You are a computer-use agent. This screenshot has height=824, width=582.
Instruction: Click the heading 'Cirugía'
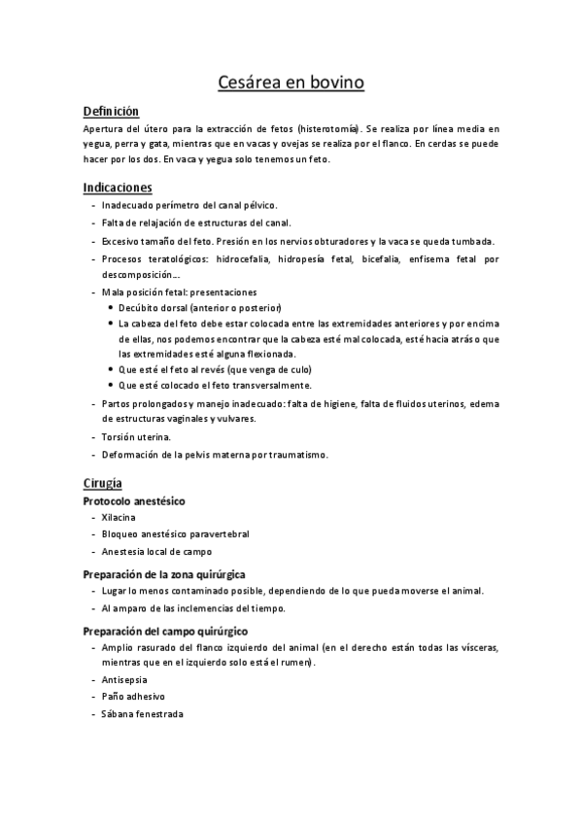click(102, 482)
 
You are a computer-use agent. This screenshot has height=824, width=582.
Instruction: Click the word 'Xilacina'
click(119, 518)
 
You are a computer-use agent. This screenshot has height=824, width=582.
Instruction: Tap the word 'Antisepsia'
click(123, 679)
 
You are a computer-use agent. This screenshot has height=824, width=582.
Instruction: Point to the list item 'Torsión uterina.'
click(136, 437)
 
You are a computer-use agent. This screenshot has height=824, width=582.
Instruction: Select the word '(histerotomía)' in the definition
click(326, 128)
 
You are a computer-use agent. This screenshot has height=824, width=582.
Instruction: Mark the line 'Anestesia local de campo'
click(156, 551)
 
